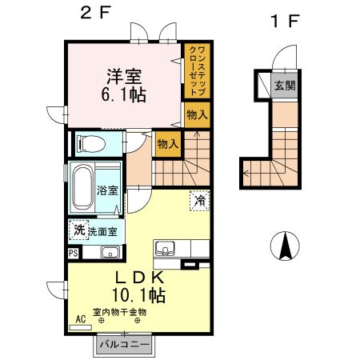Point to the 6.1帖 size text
(123, 95)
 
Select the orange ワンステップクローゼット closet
(196, 71)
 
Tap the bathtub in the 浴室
(83, 187)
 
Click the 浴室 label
(108, 190)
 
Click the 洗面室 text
(102, 231)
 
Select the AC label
(80, 318)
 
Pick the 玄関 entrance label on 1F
(284, 85)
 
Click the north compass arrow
(284, 245)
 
